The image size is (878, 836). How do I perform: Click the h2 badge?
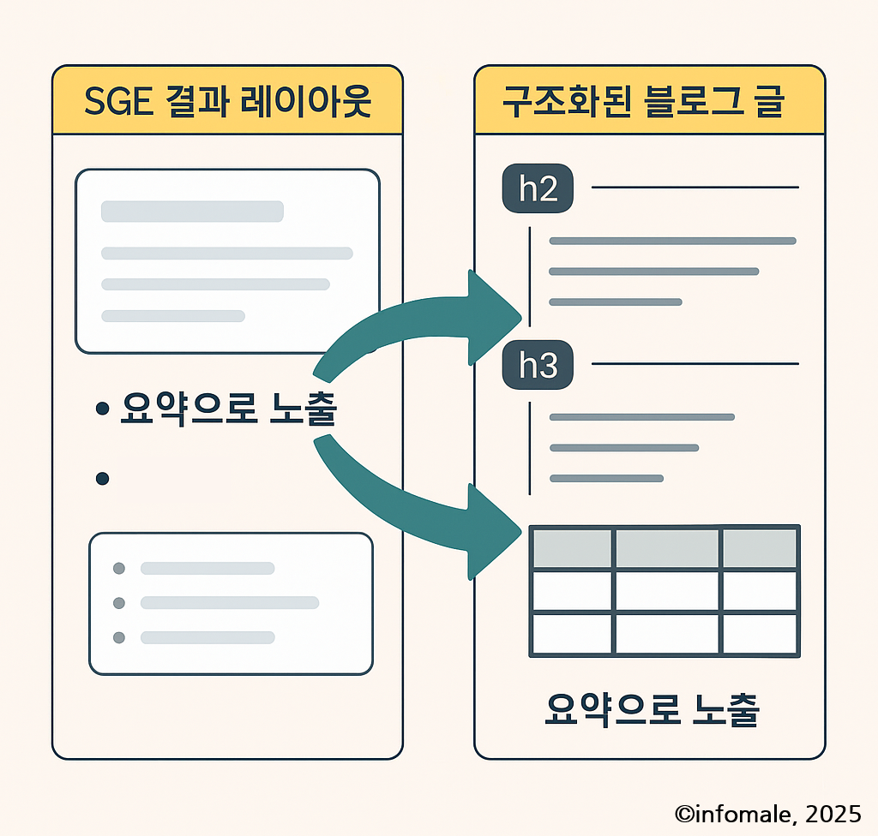click(x=538, y=188)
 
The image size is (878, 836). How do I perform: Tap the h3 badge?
click(x=538, y=366)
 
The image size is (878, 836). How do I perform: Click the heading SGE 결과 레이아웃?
click(x=227, y=100)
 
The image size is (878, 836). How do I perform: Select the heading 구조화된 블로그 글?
click(x=649, y=100)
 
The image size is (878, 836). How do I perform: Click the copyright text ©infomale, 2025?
click(x=767, y=812)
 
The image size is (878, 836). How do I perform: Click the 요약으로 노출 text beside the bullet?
click(x=229, y=410)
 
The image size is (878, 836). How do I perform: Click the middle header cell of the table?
click(x=667, y=548)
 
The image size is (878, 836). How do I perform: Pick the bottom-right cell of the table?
click(x=761, y=634)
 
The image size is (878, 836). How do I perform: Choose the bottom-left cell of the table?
click(x=573, y=634)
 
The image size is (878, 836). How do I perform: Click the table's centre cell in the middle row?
click(x=667, y=591)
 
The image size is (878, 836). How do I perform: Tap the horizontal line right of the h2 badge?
click(x=695, y=187)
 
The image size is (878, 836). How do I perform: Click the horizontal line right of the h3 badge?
click(x=695, y=364)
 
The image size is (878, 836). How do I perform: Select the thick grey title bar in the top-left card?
click(x=192, y=212)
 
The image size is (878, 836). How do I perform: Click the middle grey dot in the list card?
click(x=119, y=603)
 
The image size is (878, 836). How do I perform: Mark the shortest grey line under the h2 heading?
click(x=615, y=302)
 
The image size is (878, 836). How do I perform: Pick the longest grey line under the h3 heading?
click(x=641, y=417)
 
